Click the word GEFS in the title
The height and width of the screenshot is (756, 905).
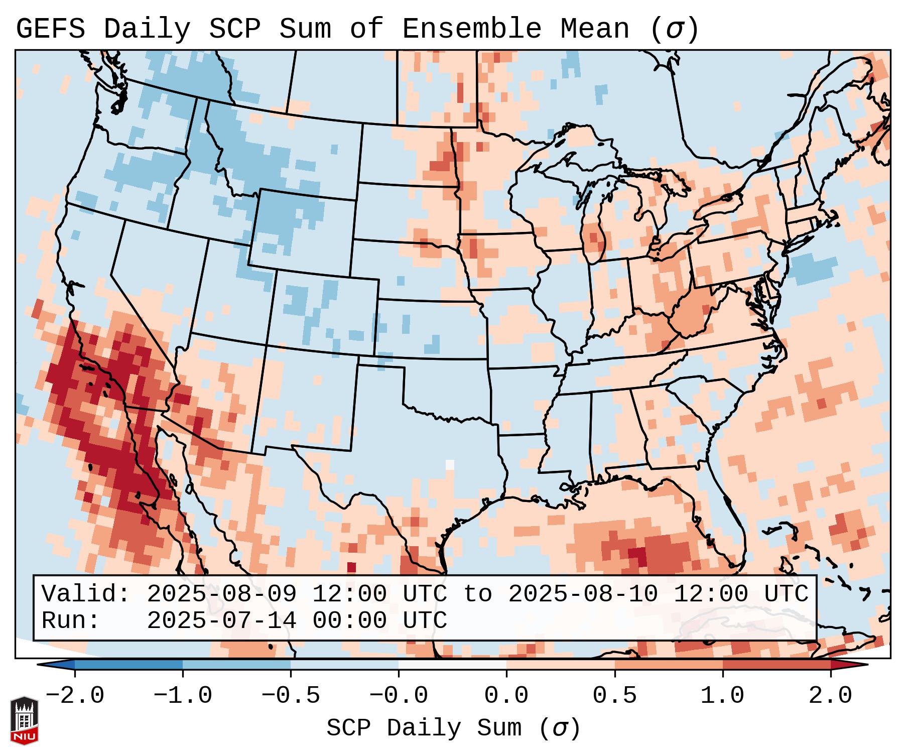pyautogui.click(x=50, y=29)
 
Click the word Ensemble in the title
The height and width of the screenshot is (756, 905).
pyautogui.click(x=472, y=29)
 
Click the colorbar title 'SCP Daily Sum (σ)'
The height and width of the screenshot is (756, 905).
pyautogui.click(x=453, y=728)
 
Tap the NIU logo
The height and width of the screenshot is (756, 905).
pyautogui.click(x=24, y=720)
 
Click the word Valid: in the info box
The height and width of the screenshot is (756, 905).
pyautogui.click(x=86, y=594)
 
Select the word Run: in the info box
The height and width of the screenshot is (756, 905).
pyautogui.click(x=71, y=621)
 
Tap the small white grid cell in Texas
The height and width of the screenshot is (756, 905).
pyautogui.click(x=450, y=464)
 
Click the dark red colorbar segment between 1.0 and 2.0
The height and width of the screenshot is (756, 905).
pyautogui.click(x=777, y=665)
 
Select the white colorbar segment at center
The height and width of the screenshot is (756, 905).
pyautogui.click(x=452, y=665)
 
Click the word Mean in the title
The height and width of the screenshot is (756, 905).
pyautogui.click(x=595, y=29)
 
